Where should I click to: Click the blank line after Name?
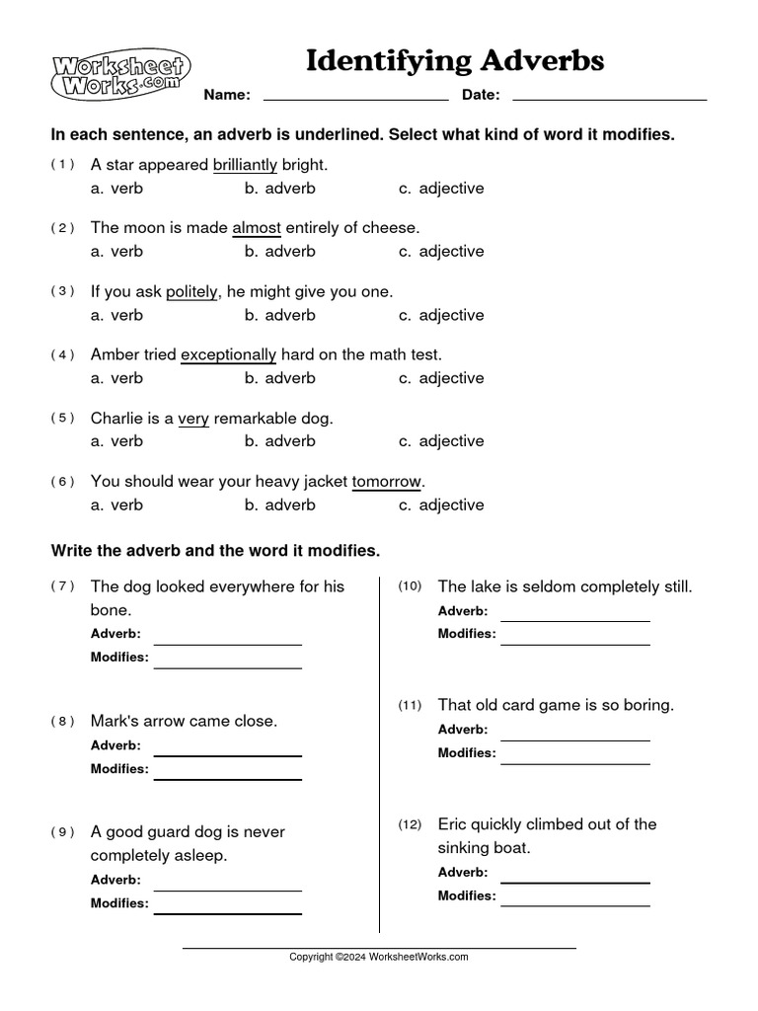[356, 98]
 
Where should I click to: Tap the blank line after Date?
[610, 98]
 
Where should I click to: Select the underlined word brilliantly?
[245, 165]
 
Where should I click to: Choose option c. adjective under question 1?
[441, 188]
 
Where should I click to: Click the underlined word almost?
[257, 228]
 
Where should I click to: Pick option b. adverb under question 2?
[280, 251]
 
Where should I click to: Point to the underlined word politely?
[191, 292]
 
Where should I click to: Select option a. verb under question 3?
[116, 315]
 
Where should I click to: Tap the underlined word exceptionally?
[229, 354]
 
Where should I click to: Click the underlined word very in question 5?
[193, 418]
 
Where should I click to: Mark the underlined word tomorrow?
[387, 481]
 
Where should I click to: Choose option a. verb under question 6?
[116, 505]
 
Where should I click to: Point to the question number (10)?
[410, 586]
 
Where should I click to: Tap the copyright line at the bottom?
[378, 957]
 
